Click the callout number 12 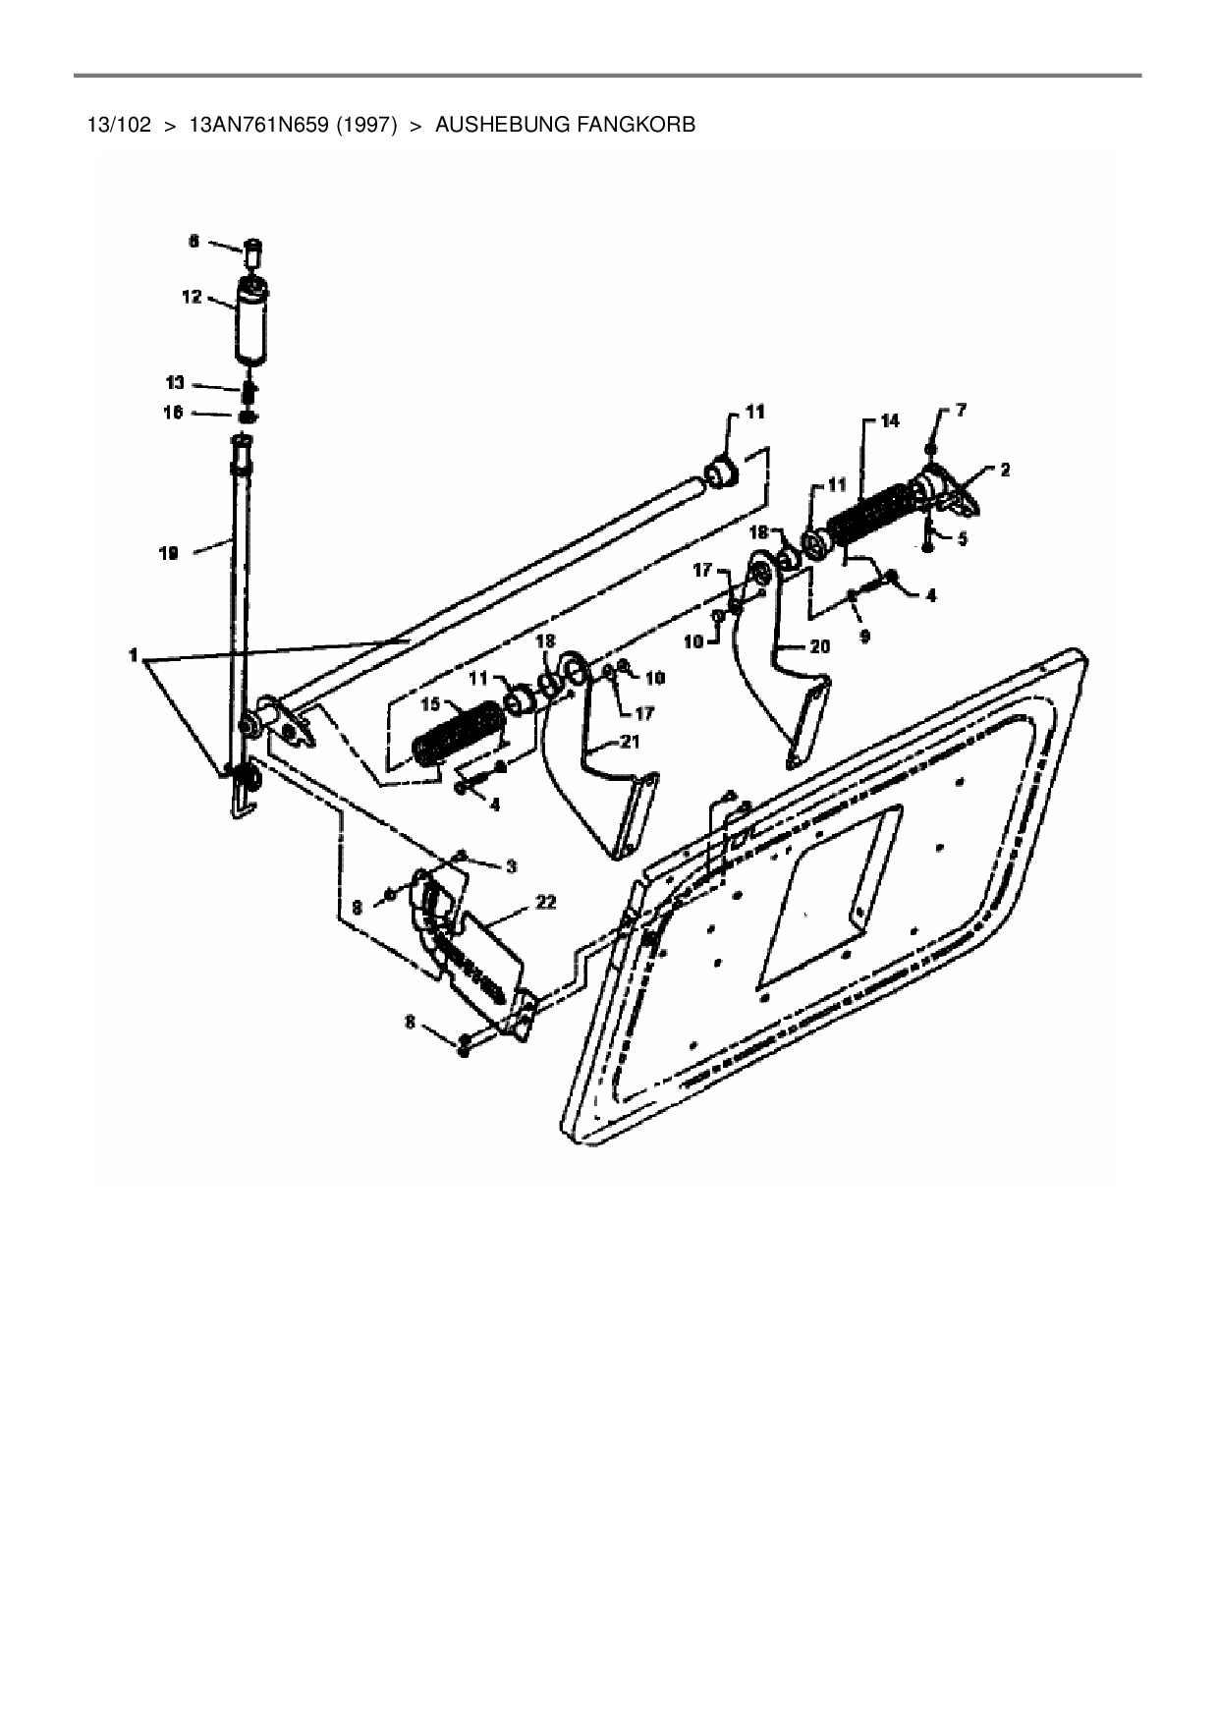point(192,297)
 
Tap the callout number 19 point(168,554)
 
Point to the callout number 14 point(889,420)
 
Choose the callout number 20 point(819,646)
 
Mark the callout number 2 point(1004,471)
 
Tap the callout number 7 point(960,411)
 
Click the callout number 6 point(193,241)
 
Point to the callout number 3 point(511,865)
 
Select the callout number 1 point(135,655)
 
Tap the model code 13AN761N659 point(258,126)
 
